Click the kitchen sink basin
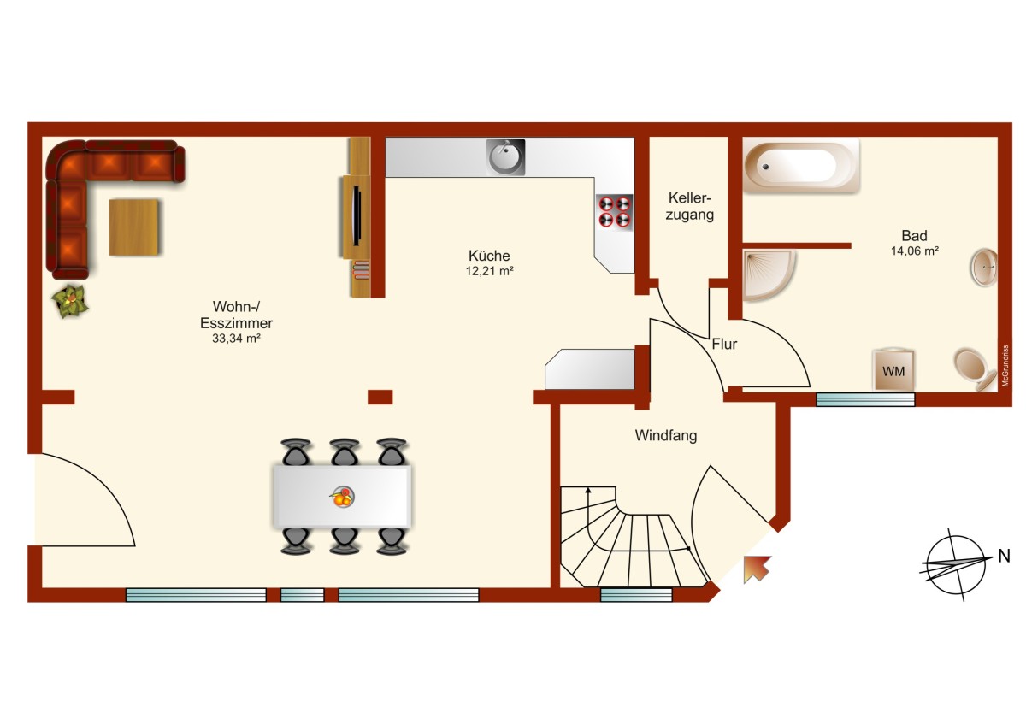pos(505,157)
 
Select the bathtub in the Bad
pos(800,165)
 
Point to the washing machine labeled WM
pos(893,370)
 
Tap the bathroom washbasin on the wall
pos(984,268)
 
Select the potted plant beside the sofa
pos(69,300)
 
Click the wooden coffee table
pos(134,227)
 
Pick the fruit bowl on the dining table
pos(342,497)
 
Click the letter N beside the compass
pos(1005,556)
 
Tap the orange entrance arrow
pos(757,569)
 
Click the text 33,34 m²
pos(236,339)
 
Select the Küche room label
pos(489,256)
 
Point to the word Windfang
pos(666,435)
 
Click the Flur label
pos(724,344)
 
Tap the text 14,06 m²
pos(915,251)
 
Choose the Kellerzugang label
pos(690,206)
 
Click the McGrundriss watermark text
pos(1005,365)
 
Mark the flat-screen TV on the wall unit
pos(357,216)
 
